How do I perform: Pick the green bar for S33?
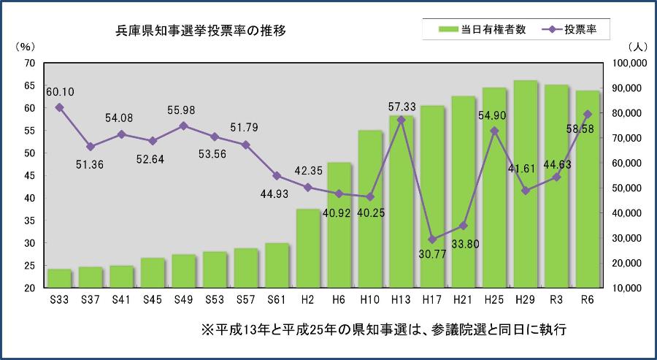tap(59, 278)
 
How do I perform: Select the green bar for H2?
tap(308, 248)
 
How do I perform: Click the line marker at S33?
tap(59, 107)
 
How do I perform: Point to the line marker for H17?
tap(432, 239)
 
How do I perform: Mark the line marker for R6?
tap(588, 114)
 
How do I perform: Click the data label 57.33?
tap(402, 107)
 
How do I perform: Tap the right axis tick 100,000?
tap(629, 64)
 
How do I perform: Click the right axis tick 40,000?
tap(629, 213)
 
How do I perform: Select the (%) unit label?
tap(24, 46)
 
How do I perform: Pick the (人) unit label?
tap(634, 46)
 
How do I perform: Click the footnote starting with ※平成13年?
tap(383, 330)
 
